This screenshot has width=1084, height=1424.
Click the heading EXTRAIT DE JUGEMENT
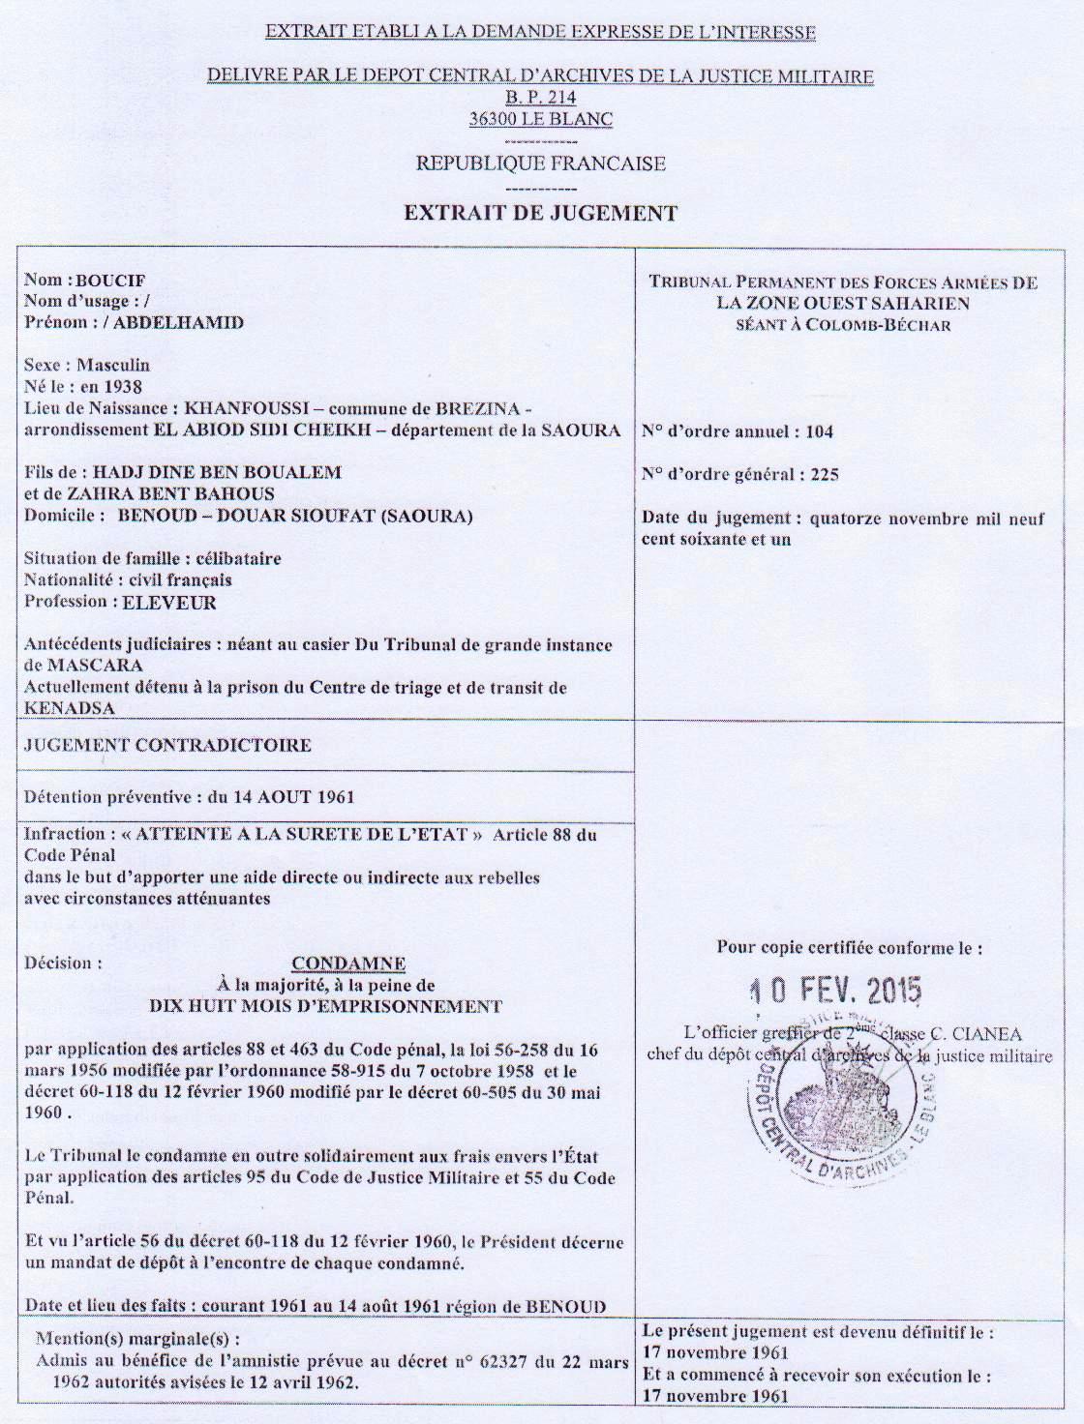coord(540,214)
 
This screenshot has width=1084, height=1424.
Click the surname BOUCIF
coord(110,281)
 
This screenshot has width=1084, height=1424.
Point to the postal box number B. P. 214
coord(540,98)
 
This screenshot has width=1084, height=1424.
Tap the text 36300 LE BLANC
coord(540,119)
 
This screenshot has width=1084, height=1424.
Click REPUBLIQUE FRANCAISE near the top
coord(540,163)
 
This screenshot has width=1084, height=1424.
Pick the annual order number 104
coord(819,431)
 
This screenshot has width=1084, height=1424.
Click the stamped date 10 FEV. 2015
coord(837,990)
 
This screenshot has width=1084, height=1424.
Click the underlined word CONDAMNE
coord(348,964)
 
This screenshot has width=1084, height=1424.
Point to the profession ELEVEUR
coord(169,603)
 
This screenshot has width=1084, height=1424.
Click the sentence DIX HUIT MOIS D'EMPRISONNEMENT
coord(325,1006)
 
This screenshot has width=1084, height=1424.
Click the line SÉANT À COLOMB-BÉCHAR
coord(843,325)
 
